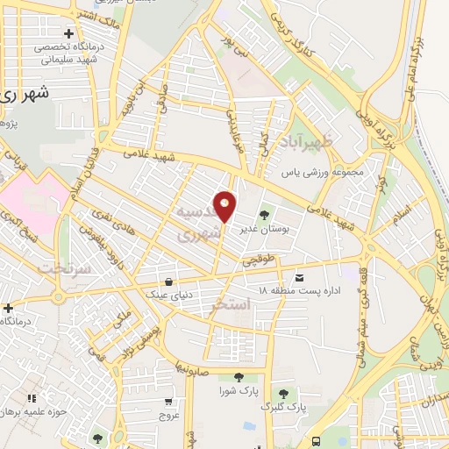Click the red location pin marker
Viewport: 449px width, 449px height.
[x=225, y=206]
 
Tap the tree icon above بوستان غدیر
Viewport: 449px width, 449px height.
[x=264, y=214]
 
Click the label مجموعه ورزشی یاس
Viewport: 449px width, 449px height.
[x=323, y=173]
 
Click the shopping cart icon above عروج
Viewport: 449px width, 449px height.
[x=167, y=401]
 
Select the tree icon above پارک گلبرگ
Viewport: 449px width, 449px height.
[x=283, y=393]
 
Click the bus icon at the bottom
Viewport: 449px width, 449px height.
[x=317, y=441]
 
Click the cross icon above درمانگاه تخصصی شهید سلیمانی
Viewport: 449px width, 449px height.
[x=68, y=33]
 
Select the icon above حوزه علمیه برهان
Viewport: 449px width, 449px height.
[x=32, y=399]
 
